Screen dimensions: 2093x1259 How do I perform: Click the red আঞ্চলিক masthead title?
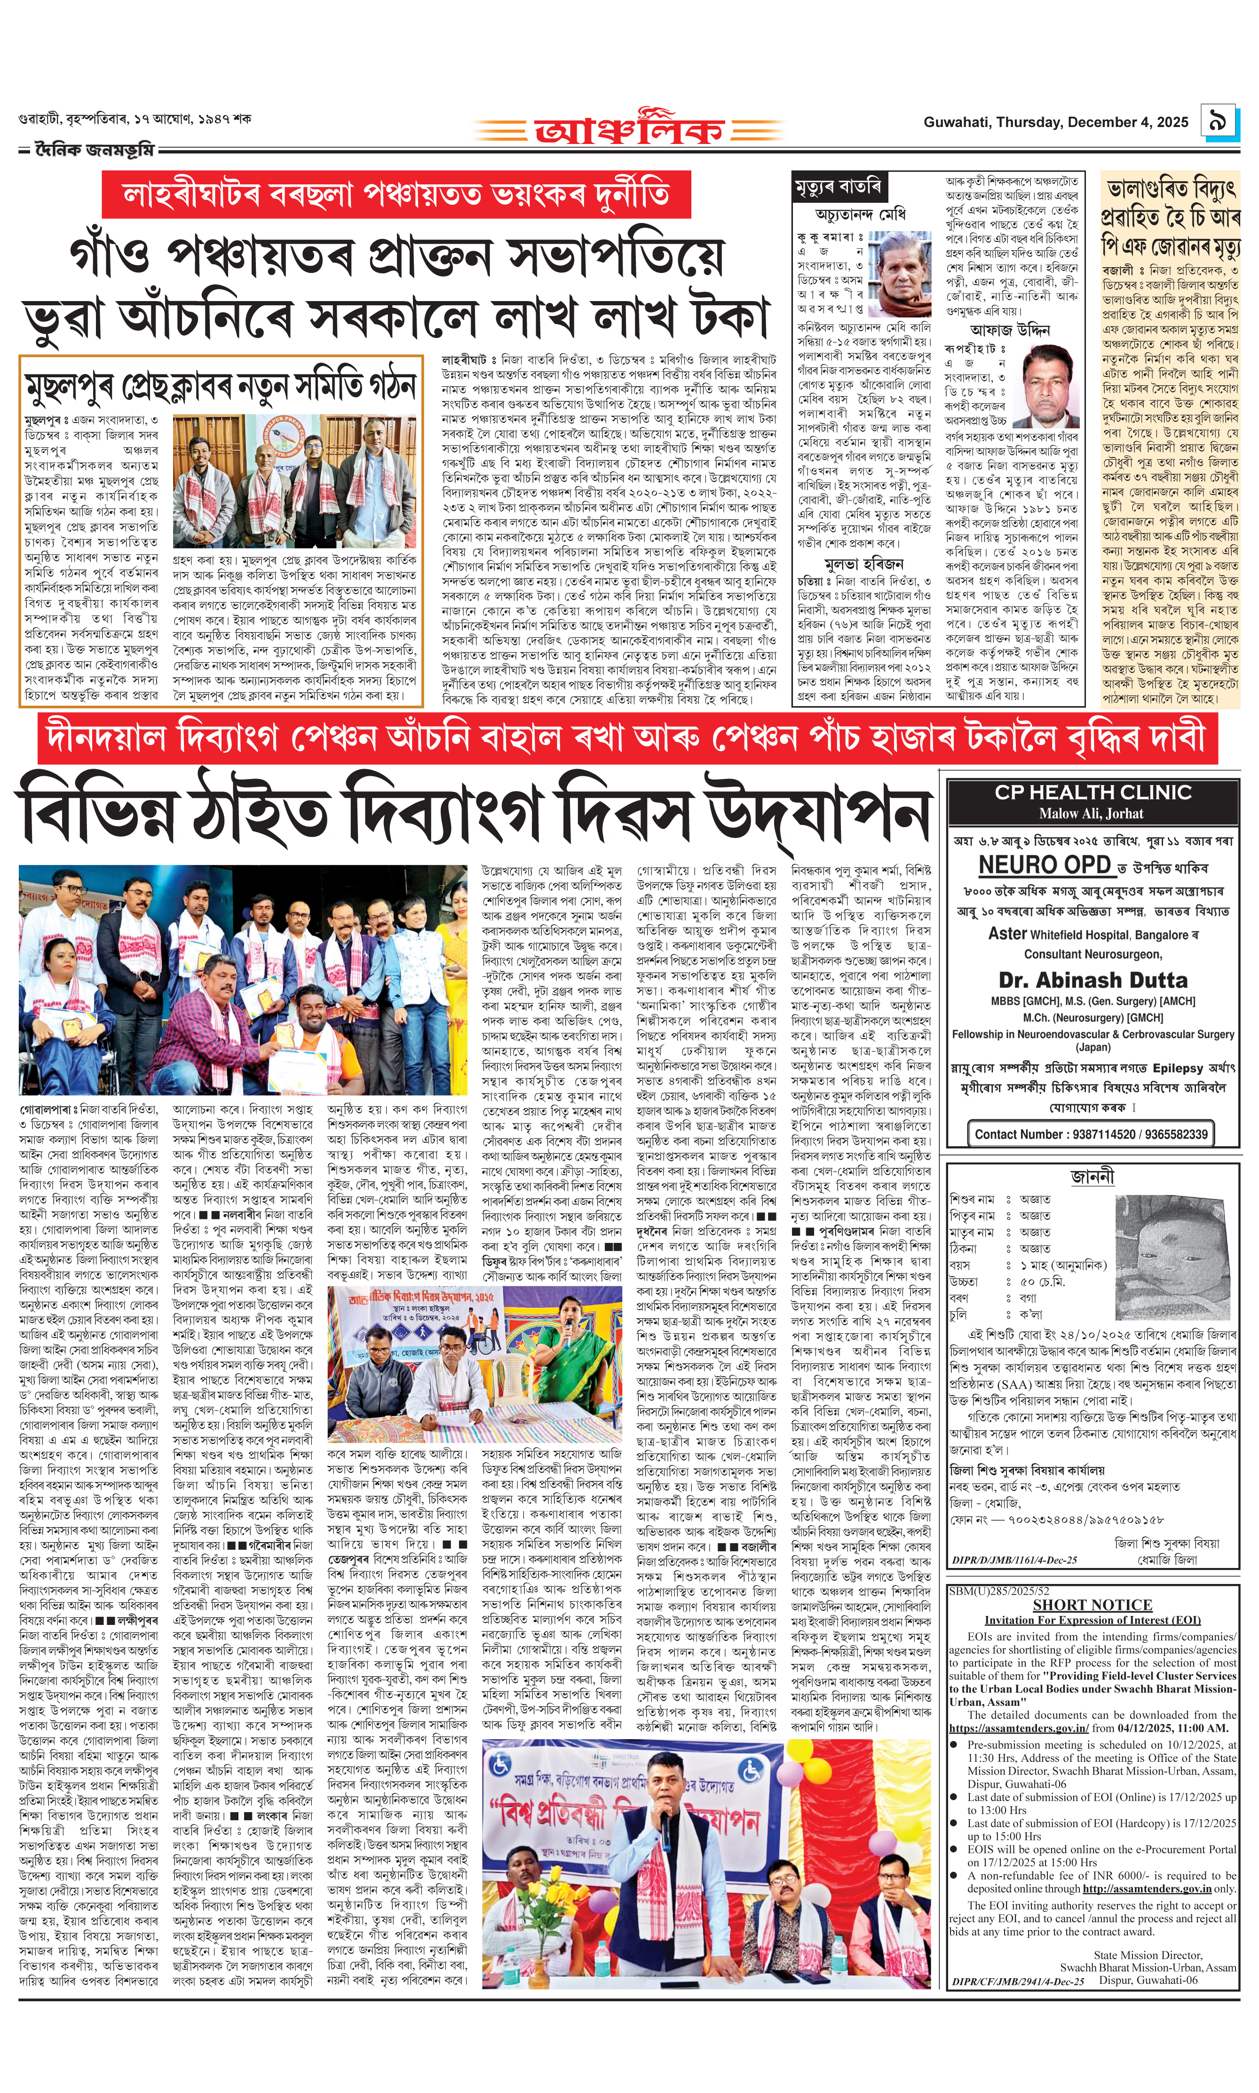tap(629, 130)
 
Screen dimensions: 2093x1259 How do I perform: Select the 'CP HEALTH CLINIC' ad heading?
tap(1093, 792)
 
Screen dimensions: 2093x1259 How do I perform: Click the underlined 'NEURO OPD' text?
tap(1045, 865)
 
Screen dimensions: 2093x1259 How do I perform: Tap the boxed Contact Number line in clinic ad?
tap(1091, 1134)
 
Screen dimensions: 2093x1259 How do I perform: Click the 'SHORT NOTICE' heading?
tap(1092, 1604)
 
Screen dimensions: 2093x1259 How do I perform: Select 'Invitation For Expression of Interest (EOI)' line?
tap(1093, 1620)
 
